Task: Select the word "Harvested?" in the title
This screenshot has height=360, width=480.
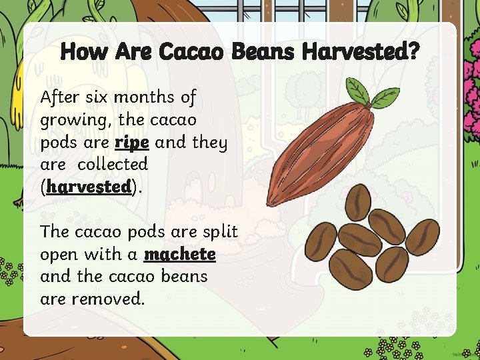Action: click(x=360, y=51)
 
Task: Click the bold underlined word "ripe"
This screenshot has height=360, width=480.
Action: click(x=132, y=143)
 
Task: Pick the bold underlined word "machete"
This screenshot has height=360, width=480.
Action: click(x=180, y=255)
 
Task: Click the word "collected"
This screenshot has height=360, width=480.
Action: click(x=113, y=164)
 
